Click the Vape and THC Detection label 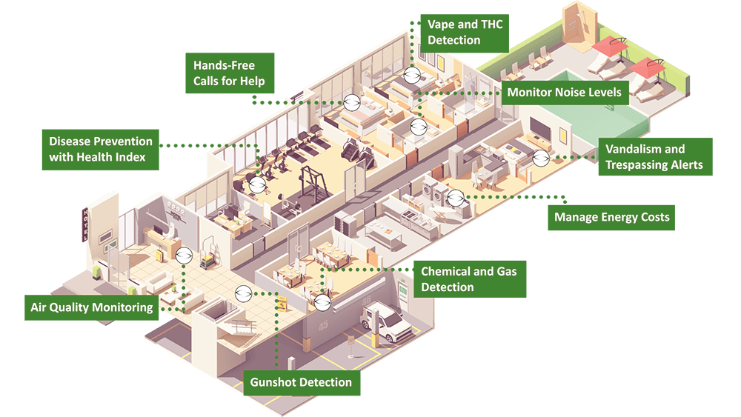coord(464,33)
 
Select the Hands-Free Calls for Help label coord(229,73)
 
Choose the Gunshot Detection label coord(302,382)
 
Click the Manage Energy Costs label coord(611,217)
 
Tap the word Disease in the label coord(70,141)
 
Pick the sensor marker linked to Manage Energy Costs coord(456,198)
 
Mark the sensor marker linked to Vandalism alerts coord(541,158)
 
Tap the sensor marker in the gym coord(257,185)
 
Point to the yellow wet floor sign coord(282,303)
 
